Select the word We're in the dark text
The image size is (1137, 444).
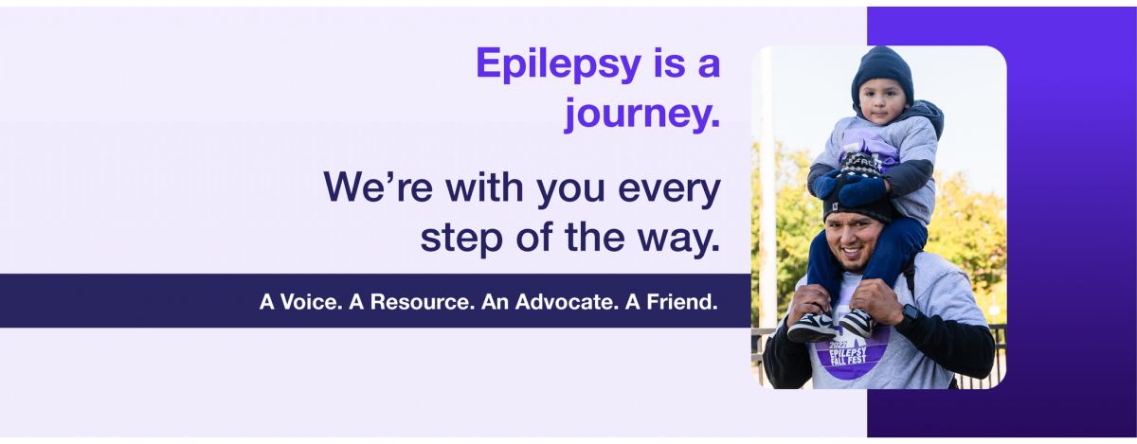(378, 186)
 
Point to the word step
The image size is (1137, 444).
(461, 239)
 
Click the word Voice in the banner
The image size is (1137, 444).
(308, 302)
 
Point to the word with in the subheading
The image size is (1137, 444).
(485, 186)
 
